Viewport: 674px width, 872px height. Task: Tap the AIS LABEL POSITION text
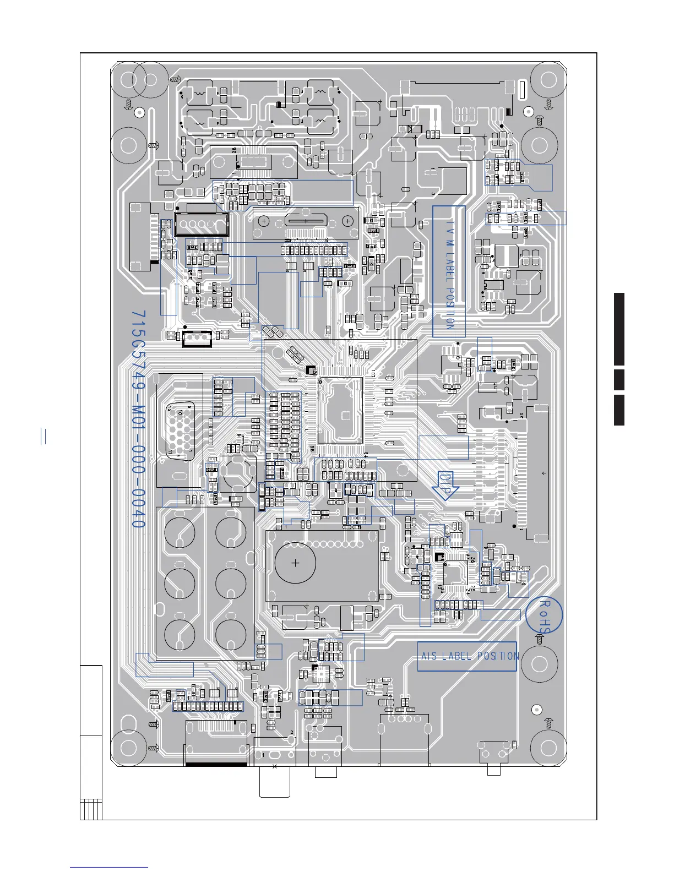tap(469, 656)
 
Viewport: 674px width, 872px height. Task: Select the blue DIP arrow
tap(447, 485)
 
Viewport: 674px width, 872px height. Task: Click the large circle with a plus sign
tap(296, 563)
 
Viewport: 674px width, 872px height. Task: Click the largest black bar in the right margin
tap(619, 329)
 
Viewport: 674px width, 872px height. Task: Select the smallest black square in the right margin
tap(619, 379)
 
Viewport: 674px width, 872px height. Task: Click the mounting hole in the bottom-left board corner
tap(128, 748)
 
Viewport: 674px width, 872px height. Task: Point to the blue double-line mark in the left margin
tap(43, 436)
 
